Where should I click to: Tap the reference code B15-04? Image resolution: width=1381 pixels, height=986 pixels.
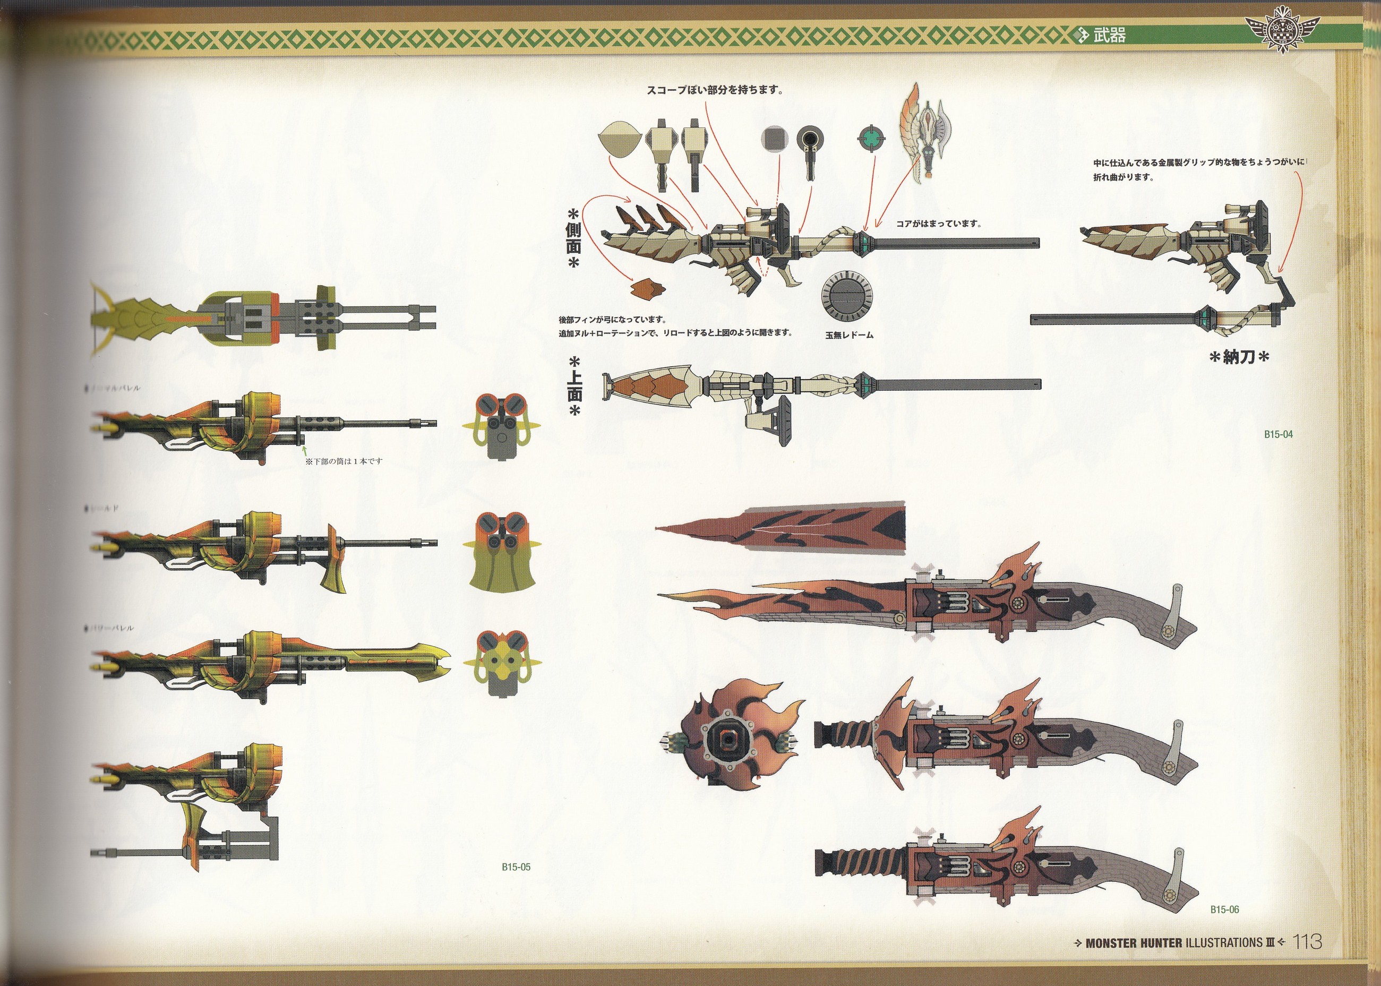click(x=1279, y=434)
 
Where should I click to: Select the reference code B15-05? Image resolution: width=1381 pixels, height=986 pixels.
click(x=516, y=867)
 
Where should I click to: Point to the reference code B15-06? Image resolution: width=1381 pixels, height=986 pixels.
click(x=1224, y=910)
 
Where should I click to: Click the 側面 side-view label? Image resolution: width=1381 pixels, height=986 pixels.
click(x=573, y=237)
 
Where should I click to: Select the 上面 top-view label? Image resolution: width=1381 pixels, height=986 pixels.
click(x=573, y=387)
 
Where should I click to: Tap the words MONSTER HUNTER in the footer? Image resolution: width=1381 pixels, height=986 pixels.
click(x=1133, y=943)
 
